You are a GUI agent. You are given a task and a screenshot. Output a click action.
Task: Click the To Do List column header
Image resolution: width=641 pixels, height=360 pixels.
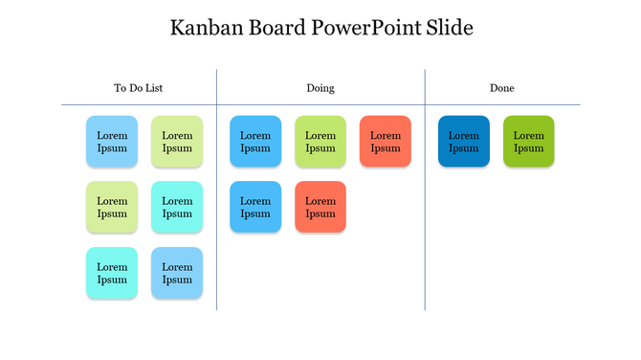pyautogui.click(x=139, y=88)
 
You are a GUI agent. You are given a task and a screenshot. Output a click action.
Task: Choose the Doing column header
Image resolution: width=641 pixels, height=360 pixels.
pyautogui.click(x=320, y=88)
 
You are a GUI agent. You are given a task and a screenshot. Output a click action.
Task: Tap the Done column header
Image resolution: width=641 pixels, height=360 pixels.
pyautogui.click(x=502, y=88)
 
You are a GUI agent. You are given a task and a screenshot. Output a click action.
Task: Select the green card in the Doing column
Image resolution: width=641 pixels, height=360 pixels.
pyautogui.click(x=320, y=142)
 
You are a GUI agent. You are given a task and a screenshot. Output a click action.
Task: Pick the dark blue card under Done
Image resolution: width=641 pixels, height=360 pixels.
pyautogui.click(x=464, y=142)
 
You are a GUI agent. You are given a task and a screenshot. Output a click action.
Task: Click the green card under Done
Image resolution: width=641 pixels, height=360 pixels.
pyautogui.click(x=529, y=142)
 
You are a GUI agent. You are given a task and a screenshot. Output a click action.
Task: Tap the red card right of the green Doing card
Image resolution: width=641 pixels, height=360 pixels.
pyautogui.click(x=386, y=142)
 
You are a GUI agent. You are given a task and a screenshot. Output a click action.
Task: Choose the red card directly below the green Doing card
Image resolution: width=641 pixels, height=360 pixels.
pyautogui.click(x=320, y=207)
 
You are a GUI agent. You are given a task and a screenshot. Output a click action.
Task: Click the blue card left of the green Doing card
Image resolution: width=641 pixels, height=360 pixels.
pyautogui.click(x=255, y=142)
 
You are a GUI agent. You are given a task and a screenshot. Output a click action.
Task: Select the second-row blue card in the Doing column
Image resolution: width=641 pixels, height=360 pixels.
pyautogui.click(x=255, y=207)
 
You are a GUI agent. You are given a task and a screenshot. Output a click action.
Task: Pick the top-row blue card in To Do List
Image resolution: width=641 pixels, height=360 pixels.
pyautogui.click(x=112, y=142)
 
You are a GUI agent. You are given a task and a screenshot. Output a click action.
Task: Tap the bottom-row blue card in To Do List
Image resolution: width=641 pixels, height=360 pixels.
pyautogui.click(x=177, y=273)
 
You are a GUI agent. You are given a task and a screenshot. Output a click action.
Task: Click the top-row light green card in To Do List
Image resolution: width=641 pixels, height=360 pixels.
pyautogui.click(x=177, y=142)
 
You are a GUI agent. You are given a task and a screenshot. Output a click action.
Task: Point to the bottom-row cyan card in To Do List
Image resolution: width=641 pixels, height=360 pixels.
pyautogui.click(x=112, y=273)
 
